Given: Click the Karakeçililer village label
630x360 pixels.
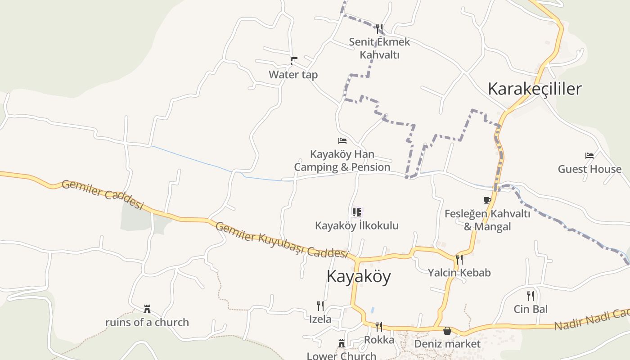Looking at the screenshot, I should coord(535,89).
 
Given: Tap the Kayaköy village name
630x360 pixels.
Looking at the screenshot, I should coord(358,276).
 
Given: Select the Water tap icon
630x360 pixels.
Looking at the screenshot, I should coord(294,61).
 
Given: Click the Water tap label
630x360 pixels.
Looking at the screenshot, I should coord(293,74).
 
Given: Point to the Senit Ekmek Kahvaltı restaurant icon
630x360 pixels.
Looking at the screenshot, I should coord(379,29).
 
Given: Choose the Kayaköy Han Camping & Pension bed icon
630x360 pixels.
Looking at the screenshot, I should coord(342,141).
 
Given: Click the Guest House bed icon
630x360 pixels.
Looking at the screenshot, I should coord(589,156).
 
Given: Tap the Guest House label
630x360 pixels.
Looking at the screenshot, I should coord(589,169).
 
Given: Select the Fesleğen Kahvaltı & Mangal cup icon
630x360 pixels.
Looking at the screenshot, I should coord(487,200).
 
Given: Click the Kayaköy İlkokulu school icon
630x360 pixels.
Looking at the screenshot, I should coord(356,212).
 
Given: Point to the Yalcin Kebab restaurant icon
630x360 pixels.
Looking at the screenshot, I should coord(459,259).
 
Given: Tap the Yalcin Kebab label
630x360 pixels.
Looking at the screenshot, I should coord(459,272).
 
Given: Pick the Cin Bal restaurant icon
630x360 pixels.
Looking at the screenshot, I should coord(531,296).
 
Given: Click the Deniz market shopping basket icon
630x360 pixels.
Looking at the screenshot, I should coord(447,331).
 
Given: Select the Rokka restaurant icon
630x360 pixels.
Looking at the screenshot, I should coord(379,326).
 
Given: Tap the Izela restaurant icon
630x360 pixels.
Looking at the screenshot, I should coord(320,306).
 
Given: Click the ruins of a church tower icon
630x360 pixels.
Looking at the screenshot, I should coord(147,309).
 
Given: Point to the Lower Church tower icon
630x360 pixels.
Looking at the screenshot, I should coord(342,344).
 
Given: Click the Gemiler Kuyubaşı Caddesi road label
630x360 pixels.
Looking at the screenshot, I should coord(282,240).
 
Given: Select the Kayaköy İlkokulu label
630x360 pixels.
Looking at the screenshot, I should coord(356,225).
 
